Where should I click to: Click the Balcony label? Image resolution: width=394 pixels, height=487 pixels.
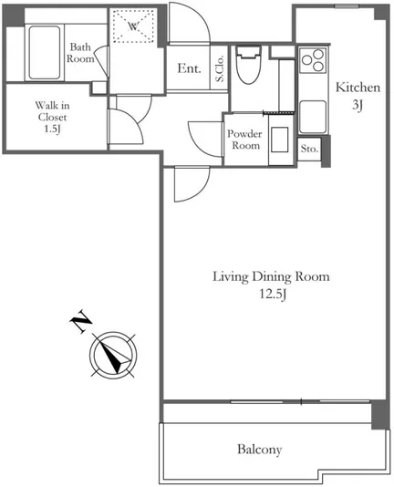[259, 449]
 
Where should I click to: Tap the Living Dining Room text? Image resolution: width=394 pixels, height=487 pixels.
[271, 276]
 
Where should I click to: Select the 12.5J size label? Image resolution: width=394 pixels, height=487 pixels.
[273, 294]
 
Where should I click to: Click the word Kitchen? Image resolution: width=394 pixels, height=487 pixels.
[358, 88]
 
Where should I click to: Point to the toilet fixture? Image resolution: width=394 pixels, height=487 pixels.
[248, 64]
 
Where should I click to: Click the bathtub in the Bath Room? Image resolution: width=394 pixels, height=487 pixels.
[45, 53]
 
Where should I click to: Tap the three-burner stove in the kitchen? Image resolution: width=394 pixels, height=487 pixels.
[313, 60]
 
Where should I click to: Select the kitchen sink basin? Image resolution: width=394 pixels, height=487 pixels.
[313, 117]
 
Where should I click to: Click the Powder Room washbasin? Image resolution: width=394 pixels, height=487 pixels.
[279, 140]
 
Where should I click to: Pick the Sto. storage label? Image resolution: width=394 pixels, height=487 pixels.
[309, 149]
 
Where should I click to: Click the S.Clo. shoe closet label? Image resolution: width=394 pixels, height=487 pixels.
[220, 68]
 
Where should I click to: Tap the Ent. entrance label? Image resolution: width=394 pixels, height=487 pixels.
[189, 68]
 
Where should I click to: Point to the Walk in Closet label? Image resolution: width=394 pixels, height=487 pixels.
[52, 111]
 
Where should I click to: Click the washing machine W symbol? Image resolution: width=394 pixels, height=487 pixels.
[133, 26]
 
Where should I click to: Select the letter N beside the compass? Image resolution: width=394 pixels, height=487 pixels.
[81, 321]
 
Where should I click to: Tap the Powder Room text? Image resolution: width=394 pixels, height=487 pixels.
[244, 140]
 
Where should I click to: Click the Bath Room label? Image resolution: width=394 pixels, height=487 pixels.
[80, 53]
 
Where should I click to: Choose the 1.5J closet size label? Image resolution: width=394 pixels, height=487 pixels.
[52, 129]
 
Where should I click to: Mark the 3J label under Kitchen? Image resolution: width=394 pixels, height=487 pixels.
[358, 105]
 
